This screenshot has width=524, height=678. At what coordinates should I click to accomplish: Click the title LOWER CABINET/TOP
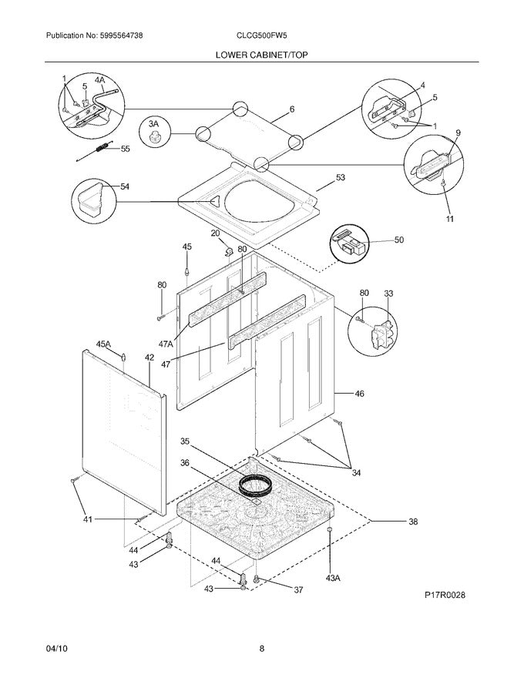pyautogui.click(x=261, y=55)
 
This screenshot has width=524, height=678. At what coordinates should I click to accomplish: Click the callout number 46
pyautogui.click(x=359, y=394)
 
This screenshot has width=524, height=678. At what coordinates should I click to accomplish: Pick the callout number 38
pyautogui.click(x=413, y=522)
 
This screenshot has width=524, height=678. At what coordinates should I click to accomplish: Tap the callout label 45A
pyautogui.click(x=103, y=344)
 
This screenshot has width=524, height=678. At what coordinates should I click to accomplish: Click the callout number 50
pyautogui.click(x=398, y=240)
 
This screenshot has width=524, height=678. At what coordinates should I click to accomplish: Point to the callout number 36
pyautogui.click(x=185, y=463)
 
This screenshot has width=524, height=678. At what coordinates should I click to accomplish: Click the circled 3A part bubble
pyautogui.click(x=155, y=132)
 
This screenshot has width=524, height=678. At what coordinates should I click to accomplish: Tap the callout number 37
pyautogui.click(x=298, y=589)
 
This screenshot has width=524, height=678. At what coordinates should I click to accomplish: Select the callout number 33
pyautogui.click(x=388, y=294)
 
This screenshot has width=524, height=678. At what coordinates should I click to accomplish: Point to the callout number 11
pyautogui.click(x=449, y=219)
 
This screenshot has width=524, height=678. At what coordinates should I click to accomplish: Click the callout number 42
pyautogui.click(x=149, y=357)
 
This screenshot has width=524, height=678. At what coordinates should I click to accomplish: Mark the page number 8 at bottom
pyautogui.click(x=262, y=649)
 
